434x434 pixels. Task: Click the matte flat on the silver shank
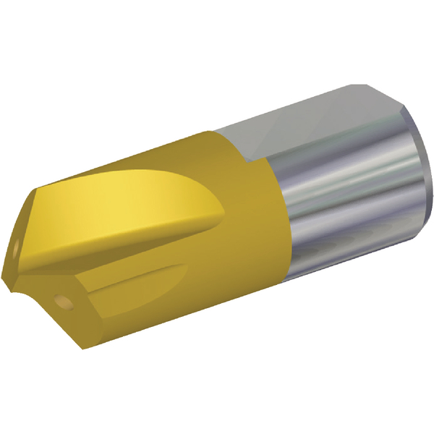pyautogui.click(x=311, y=123)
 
